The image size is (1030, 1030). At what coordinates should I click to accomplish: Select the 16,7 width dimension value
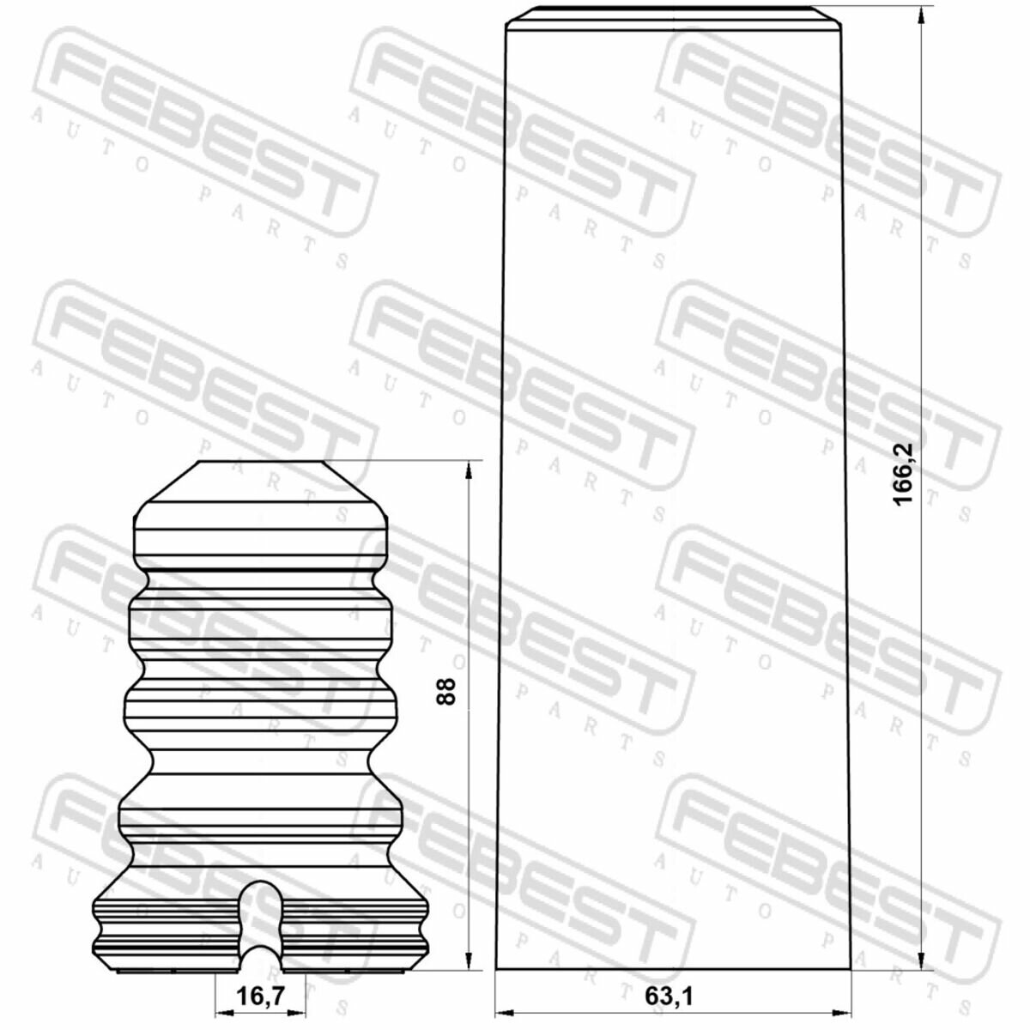coord(260,981)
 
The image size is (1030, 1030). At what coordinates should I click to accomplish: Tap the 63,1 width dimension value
coord(669,981)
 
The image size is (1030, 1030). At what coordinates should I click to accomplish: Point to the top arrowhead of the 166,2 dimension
coord(921,15)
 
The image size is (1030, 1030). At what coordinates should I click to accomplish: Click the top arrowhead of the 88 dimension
coord(469,470)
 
